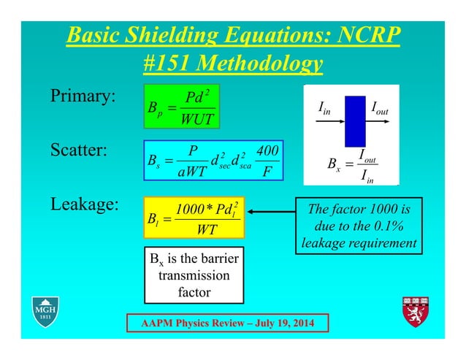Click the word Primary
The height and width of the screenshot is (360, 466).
click(x=83, y=98)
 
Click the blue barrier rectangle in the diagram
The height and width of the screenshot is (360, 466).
click(x=355, y=120)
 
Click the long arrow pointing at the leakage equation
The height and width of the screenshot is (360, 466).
click(x=270, y=214)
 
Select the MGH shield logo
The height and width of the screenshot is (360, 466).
click(x=45, y=311)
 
